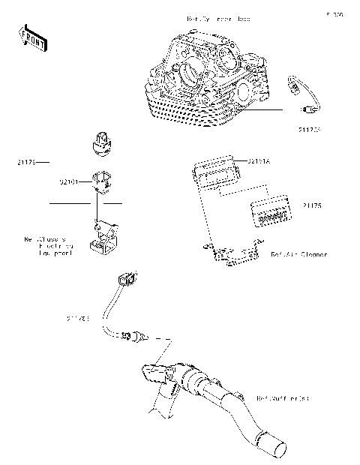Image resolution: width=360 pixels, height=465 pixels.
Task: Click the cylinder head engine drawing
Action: [210, 82]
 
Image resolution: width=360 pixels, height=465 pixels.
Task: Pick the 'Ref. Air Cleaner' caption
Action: [299, 255]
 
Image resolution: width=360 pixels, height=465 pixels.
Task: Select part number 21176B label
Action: [78, 319]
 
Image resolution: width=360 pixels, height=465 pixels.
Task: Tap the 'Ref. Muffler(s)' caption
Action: [283, 397]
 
